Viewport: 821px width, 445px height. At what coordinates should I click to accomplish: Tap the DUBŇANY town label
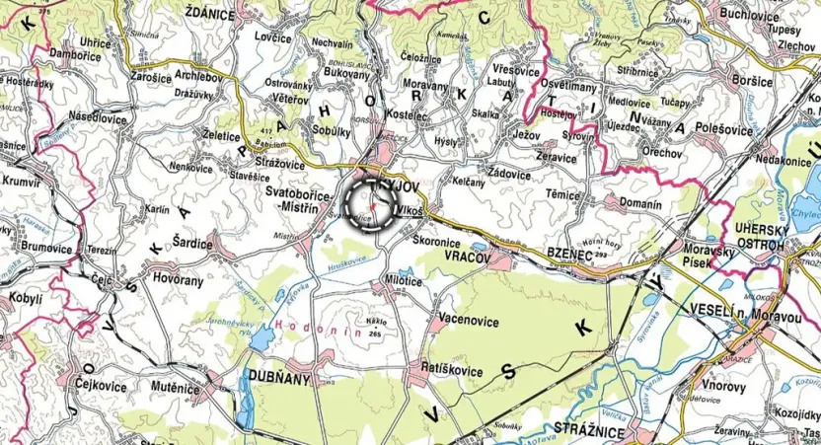279,378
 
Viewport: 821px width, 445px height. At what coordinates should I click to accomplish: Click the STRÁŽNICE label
591,432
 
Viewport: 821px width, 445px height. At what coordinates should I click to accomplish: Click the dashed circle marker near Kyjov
373,204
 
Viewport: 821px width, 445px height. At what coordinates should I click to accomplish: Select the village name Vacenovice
469,321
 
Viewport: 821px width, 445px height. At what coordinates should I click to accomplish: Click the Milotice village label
403,282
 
